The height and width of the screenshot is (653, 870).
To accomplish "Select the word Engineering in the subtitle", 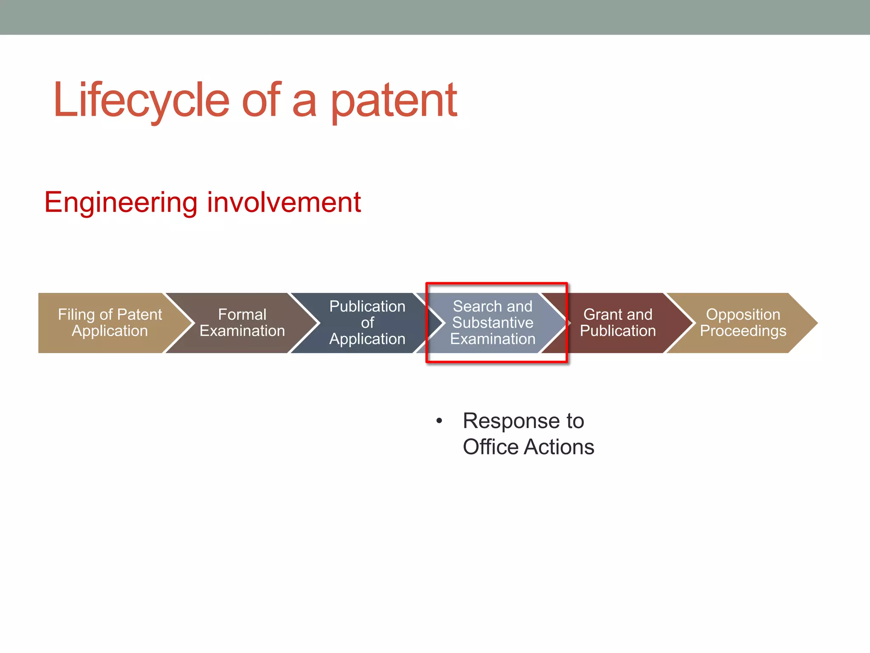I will [x=121, y=202].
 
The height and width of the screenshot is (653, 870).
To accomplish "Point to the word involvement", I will [x=284, y=202].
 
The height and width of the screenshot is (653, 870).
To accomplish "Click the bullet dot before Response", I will [x=439, y=421].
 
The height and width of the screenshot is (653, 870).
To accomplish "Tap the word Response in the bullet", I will [x=511, y=421].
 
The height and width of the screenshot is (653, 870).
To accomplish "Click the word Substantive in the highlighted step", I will [x=493, y=323].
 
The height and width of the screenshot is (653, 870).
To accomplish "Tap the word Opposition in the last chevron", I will [x=743, y=315].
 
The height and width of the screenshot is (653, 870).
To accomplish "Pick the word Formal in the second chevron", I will [x=242, y=315].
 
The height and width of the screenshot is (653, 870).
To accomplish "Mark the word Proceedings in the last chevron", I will [x=743, y=331].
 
